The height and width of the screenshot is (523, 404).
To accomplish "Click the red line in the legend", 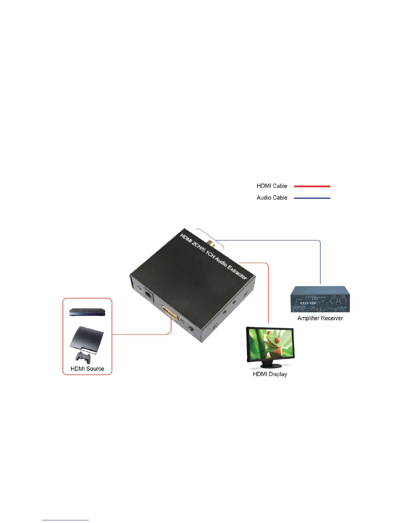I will tap(312, 186).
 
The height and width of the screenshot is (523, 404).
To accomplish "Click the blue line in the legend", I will tap(312, 198).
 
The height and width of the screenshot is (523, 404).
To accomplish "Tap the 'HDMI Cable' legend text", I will tap(272, 186).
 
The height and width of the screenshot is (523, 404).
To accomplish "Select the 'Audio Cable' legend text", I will tap(272, 197).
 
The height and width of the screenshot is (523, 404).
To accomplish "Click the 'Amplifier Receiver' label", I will tap(320, 318).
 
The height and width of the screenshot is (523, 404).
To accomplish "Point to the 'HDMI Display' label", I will tap(270, 374).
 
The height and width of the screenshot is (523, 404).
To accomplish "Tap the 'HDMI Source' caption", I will tap(87, 369).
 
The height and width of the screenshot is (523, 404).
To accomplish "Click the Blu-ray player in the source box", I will tap(87, 312).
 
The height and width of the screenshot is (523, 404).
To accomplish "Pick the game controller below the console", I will tap(83, 357).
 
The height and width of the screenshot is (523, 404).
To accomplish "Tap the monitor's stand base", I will tap(271, 366).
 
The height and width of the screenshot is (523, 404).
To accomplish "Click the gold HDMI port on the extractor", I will tap(170, 312).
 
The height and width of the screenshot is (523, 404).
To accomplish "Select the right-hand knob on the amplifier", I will tap(343, 301).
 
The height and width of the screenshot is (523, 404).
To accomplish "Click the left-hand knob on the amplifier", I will tap(334, 301).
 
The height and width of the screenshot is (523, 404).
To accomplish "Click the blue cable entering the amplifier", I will tap(320, 264).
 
